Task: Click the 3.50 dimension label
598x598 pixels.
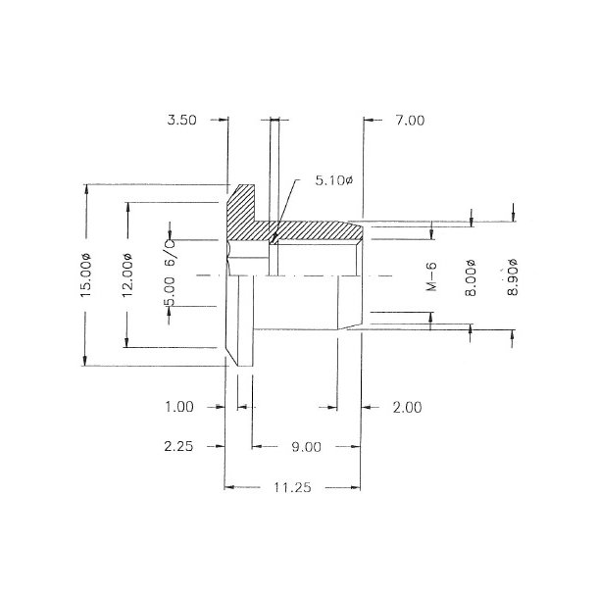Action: [x=182, y=121]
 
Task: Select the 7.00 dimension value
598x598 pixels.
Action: [x=409, y=121]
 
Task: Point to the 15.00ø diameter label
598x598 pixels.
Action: [x=87, y=275]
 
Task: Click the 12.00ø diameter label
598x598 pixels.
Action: [x=126, y=275]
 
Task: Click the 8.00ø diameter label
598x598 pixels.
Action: [x=472, y=275]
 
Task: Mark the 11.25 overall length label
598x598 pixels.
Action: [x=292, y=487]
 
